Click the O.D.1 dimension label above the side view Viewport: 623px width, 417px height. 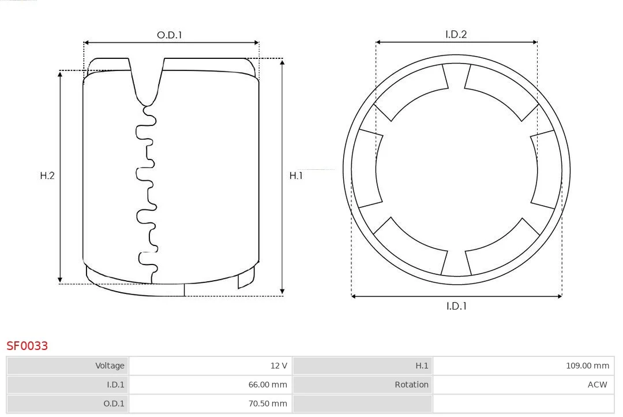coord(169,35)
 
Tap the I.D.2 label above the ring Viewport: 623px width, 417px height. coord(456,34)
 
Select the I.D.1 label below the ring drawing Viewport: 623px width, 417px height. coord(456,306)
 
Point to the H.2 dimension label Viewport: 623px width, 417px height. coord(47,176)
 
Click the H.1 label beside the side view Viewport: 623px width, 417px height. coord(296,176)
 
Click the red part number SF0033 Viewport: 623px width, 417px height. coord(27,346)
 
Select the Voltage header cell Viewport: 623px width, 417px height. coord(67,366)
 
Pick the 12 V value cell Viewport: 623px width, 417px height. coord(211,366)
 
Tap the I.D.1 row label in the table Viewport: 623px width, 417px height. coord(67,385)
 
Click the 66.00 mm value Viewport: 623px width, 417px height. coord(268,385)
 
